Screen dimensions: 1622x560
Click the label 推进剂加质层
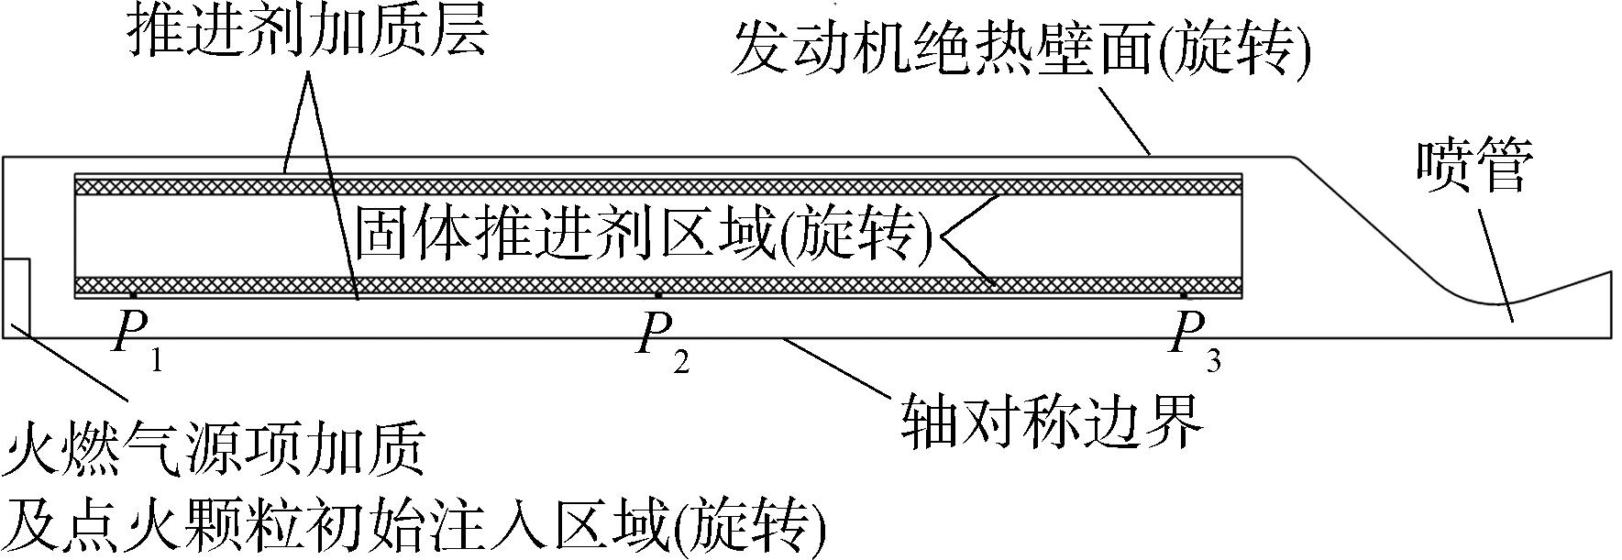(x=306, y=31)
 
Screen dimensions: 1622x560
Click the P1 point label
(x=137, y=345)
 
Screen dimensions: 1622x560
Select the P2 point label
(x=663, y=345)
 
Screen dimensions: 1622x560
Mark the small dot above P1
(x=133, y=295)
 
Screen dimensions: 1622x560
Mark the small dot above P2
(x=658, y=295)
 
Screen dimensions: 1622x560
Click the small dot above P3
(x=1184, y=295)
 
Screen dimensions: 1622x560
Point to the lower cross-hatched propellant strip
(x=658, y=285)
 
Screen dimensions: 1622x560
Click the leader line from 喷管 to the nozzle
(x=1495, y=267)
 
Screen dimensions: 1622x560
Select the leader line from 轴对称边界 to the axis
(x=836, y=366)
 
